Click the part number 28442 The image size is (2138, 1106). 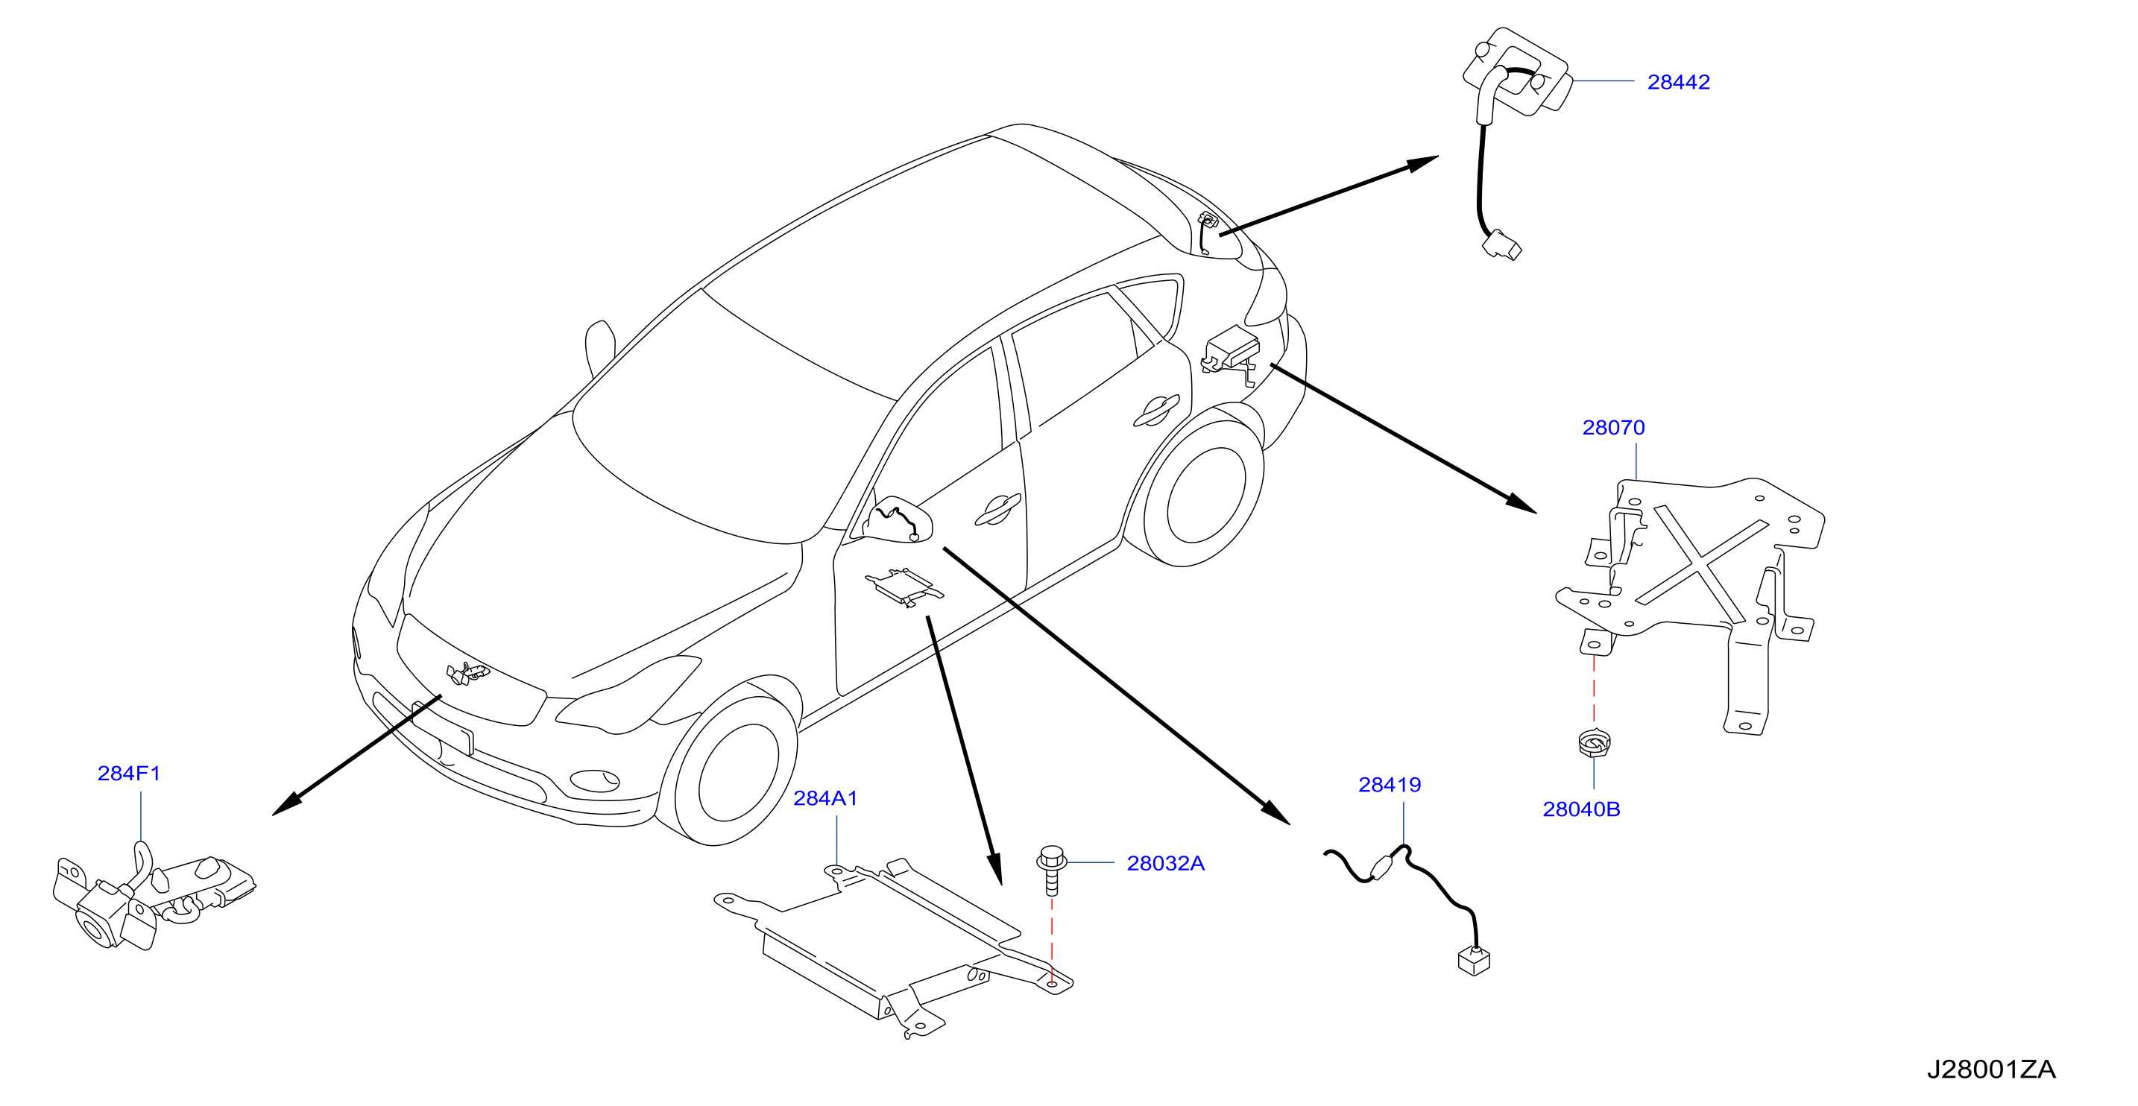pyautogui.click(x=1678, y=82)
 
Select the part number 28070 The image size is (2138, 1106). pyautogui.click(x=1612, y=427)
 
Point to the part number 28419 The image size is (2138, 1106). pyautogui.click(x=1390, y=784)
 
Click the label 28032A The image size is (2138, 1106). pyautogui.click(x=1165, y=863)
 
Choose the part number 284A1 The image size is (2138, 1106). pyautogui.click(x=825, y=798)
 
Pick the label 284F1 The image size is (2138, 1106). pyautogui.click(x=129, y=774)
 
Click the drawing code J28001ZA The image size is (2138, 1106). pyautogui.click(x=1991, y=1069)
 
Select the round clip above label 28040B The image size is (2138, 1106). pyautogui.click(x=1594, y=741)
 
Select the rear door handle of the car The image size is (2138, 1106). pyautogui.click(x=1155, y=410)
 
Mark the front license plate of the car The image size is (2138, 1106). pyautogui.click(x=442, y=727)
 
